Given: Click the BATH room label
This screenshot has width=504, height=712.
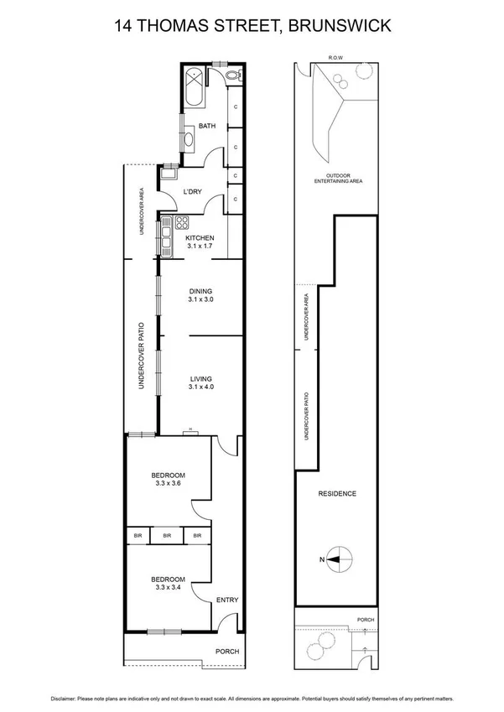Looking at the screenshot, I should click(206, 127).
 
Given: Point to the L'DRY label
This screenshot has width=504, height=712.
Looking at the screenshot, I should click(192, 192).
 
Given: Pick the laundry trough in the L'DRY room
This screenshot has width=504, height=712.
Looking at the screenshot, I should click(169, 174).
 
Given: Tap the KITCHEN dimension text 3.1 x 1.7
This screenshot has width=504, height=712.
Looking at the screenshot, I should click(200, 247).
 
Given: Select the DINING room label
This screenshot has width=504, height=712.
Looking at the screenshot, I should click(200, 291).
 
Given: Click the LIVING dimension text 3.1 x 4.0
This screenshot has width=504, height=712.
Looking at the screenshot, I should click(200, 387).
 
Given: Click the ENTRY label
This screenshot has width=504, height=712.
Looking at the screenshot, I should click(227, 600).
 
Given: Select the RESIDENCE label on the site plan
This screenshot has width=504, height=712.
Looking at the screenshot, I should click(338, 494).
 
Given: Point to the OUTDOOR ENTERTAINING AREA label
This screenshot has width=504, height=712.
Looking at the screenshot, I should click(338, 178).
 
